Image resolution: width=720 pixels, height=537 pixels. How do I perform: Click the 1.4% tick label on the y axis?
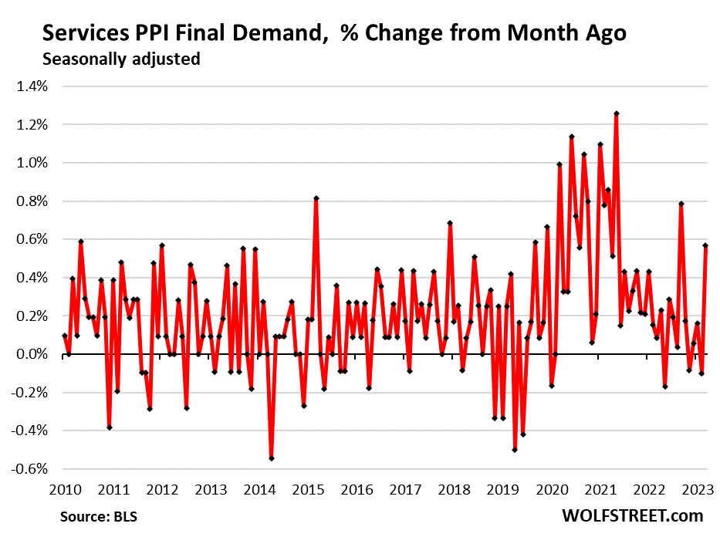32,86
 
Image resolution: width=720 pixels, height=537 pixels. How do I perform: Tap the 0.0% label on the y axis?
32,354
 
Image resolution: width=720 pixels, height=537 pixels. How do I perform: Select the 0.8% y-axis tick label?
32,201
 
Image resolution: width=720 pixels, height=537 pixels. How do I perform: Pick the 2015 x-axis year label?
308,489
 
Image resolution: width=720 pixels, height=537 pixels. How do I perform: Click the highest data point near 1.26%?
617,113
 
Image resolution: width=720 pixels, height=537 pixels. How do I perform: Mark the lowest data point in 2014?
272,458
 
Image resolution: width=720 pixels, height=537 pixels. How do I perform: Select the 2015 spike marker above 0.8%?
316,198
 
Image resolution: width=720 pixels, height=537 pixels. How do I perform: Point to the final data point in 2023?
705,245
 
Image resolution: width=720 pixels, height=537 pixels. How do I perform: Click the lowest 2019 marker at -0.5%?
515,450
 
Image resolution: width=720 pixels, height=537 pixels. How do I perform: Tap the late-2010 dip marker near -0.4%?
110,427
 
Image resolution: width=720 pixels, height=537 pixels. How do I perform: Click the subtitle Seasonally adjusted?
121,59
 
